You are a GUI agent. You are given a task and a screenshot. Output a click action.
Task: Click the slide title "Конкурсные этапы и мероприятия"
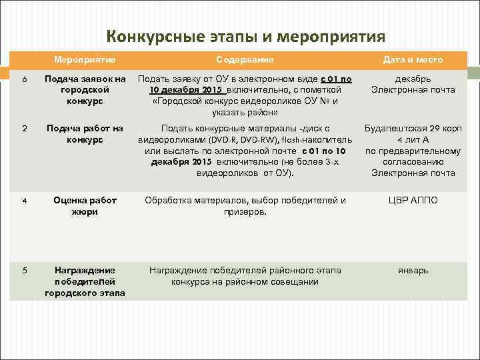246,35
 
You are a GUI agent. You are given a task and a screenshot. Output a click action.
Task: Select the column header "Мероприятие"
85,60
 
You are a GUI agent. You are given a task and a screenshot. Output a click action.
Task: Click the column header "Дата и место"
413,60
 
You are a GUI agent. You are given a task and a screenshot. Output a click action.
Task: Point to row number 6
24,80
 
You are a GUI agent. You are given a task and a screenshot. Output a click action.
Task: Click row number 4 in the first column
24,200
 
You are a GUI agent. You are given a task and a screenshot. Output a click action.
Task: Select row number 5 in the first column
24,271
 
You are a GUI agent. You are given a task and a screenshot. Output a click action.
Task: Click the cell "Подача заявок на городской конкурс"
85,90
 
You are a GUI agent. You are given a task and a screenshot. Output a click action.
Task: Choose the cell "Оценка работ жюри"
85,206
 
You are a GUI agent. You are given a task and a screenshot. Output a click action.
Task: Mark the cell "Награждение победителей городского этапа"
85,281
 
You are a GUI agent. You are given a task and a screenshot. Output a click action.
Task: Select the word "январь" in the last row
413,271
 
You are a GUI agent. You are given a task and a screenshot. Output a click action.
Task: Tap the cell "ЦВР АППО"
413,200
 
